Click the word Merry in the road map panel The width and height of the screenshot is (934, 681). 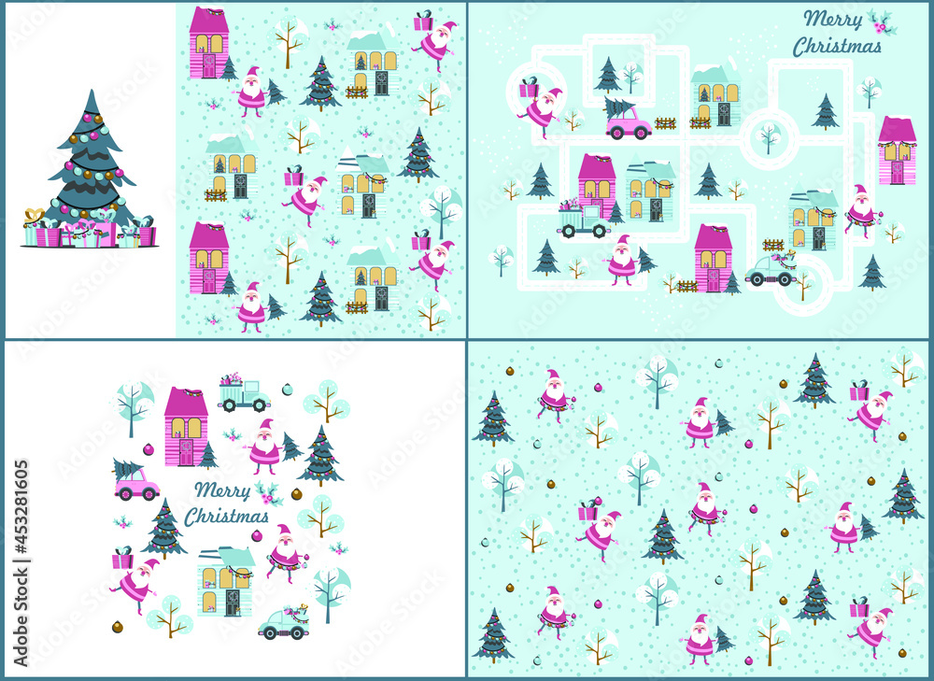point(833,20)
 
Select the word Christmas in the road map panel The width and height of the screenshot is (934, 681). point(837,46)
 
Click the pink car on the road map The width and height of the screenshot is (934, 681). point(629,122)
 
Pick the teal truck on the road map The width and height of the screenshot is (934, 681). point(583,220)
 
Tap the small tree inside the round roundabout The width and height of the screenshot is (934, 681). point(769,137)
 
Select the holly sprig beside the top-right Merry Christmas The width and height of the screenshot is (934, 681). point(882,22)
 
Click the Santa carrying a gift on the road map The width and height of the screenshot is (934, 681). point(542,107)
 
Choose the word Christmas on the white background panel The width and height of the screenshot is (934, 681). point(226,516)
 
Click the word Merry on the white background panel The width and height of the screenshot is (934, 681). point(222,490)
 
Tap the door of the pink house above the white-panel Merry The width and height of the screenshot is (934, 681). point(186,452)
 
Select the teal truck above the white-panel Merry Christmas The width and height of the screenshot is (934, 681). point(244,393)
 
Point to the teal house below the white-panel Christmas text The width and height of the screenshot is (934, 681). point(226,581)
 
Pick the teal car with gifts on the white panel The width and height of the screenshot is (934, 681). point(284,622)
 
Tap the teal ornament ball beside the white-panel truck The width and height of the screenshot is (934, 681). point(287,389)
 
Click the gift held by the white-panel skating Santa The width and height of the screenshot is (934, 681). point(122,559)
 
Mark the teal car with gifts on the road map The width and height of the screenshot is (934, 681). point(771,269)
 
